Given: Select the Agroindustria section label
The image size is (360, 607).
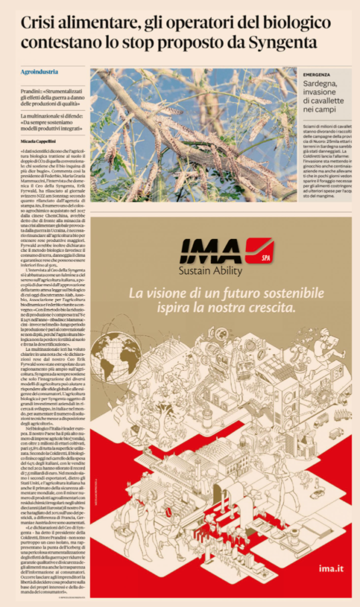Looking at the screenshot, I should [x=39, y=72].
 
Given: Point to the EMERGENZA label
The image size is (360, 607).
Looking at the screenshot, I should [x=317, y=75].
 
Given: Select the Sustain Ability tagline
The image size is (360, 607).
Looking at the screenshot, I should [x=210, y=271].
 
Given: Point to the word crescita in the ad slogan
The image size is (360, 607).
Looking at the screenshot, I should [x=272, y=308].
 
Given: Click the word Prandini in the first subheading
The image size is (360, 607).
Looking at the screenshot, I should [x=38, y=88].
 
